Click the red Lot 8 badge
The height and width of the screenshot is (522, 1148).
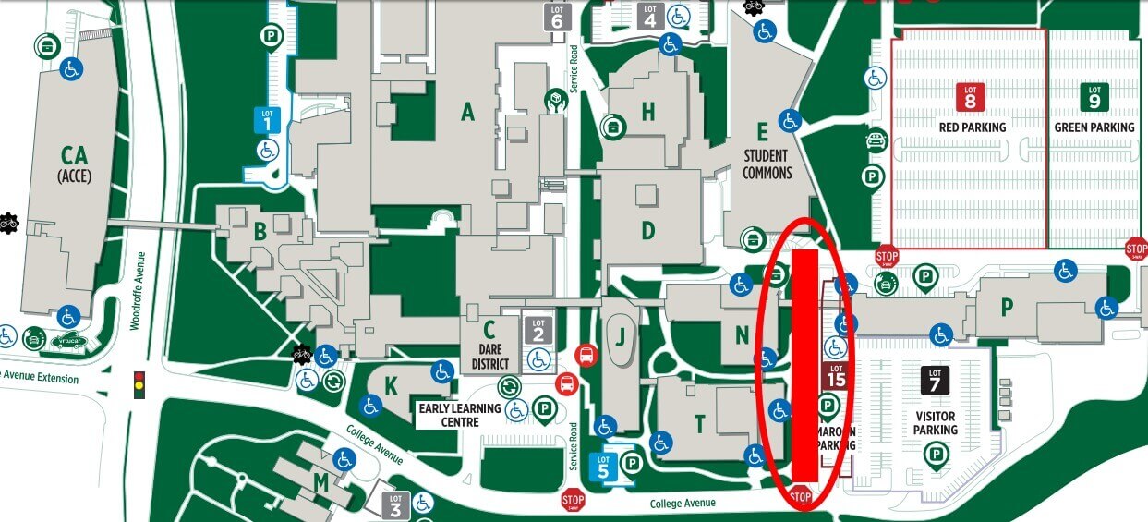pos(970,97)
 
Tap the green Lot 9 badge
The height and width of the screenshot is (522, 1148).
pos(1094,97)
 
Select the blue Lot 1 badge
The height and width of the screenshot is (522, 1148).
pos(267,119)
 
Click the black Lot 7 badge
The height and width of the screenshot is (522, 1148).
pos(935,380)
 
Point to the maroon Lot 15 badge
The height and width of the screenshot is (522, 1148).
pos(836,375)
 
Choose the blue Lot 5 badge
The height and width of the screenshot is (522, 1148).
pos(603,464)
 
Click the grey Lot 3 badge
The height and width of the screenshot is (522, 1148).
pos(395,504)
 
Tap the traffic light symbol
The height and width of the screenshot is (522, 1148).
pos(139,384)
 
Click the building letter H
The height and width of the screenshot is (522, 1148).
pos(648,112)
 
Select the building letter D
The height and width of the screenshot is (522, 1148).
pos(648,230)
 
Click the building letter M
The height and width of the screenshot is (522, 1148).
pos(320,481)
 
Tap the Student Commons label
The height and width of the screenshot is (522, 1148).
pos(767,164)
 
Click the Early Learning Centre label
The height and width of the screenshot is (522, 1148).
pos(459,415)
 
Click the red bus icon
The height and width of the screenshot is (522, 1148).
pos(585,354)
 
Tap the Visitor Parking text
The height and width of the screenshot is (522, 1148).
pos(935,423)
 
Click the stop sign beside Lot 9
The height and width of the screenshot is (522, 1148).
pos(1136,249)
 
